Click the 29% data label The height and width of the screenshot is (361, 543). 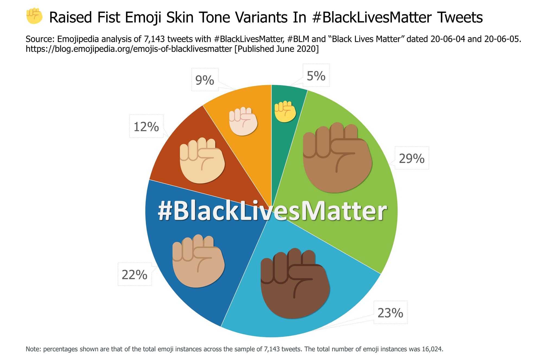click(x=412, y=158)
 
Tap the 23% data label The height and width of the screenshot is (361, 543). click(x=390, y=313)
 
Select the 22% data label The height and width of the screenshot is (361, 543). click(x=134, y=275)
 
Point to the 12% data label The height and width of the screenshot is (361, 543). click(x=146, y=127)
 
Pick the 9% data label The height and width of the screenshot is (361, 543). click(x=205, y=80)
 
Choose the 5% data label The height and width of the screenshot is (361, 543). click(x=316, y=76)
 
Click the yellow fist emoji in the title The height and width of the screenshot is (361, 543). click(x=34, y=16)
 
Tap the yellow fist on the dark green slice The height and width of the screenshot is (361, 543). click(x=285, y=111)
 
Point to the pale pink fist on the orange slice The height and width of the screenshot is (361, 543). click(x=243, y=121)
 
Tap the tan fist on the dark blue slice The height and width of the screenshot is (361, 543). click(x=198, y=261)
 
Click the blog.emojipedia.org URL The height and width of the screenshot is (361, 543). click(x=129, y=49)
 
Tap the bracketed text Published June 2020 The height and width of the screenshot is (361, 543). click(x=276, y=49)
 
